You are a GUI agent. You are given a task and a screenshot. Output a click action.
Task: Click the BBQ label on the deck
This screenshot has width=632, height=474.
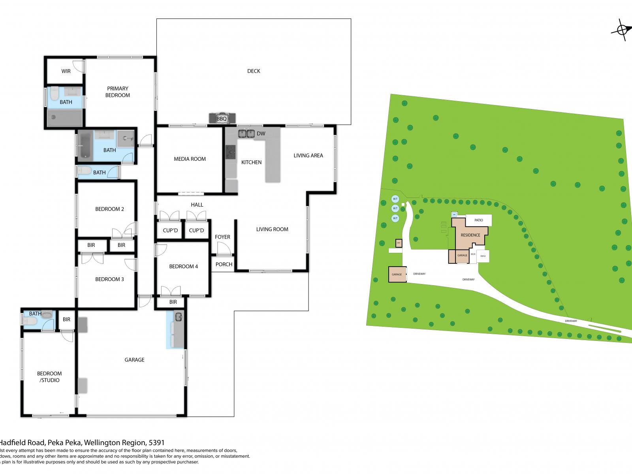(x=222, y=118)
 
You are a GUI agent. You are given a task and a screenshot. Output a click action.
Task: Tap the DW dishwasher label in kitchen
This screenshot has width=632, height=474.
(x=261, y=134)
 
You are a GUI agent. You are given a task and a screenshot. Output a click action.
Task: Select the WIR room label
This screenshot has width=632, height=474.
(x=66, y=71)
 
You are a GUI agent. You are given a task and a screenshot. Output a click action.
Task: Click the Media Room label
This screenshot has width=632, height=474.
(x=190, y=159)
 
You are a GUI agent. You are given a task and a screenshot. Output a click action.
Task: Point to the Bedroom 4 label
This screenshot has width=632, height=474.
(x=183, y=267)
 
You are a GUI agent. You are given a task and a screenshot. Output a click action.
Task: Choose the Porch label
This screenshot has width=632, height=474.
(x=224, y=265)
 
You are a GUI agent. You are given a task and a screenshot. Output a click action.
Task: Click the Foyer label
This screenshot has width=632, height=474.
(x=222, y=237)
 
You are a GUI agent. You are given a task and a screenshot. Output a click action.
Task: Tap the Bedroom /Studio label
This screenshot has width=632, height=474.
(x=49, y=377)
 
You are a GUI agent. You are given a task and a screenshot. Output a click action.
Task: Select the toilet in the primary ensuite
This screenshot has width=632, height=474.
(x=54, y=93)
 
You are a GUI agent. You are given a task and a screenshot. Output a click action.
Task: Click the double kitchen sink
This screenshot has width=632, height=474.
(x=246, y=134)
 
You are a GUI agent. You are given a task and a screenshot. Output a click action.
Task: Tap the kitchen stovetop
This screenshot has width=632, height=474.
(x=230, y=152)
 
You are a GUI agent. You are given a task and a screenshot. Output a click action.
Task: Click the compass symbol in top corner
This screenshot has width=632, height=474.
(x=621, y=30)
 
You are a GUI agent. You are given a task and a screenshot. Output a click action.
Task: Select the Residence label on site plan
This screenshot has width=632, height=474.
(x=470, y=235)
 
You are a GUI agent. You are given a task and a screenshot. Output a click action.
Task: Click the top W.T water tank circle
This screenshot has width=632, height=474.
(x=395, y=199)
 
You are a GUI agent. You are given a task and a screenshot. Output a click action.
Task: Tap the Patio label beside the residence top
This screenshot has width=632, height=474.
(x=479, y=220)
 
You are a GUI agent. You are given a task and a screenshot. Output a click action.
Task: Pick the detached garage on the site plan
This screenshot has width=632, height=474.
(x=397, y=274)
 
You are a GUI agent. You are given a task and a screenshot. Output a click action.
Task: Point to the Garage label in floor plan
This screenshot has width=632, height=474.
(x=134, y=360)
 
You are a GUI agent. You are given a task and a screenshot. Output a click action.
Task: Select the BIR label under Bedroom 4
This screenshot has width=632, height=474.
(x=173, y=302)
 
